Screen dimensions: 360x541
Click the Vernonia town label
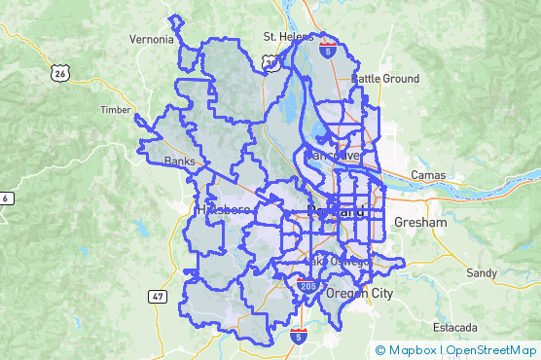152,40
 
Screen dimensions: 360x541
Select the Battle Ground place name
385,79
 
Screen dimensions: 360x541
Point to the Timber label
115,110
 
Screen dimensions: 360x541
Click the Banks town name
180,162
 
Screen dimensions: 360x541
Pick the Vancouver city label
333,156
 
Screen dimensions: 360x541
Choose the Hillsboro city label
223,210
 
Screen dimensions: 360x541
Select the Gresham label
420,223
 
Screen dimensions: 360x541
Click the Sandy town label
480,272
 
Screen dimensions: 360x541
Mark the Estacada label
455,326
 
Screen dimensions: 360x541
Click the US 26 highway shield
60,73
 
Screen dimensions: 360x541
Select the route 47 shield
158,295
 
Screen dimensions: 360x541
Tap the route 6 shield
6,198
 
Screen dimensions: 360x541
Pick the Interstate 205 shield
307,286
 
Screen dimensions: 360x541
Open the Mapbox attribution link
411,350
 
